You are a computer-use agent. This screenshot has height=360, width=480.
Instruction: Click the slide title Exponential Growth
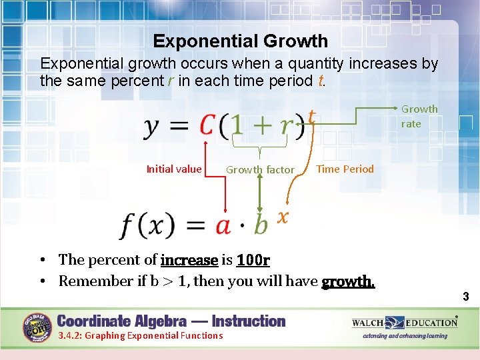pos(240,41)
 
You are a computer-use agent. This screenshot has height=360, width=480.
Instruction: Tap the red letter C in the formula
pos(208,125)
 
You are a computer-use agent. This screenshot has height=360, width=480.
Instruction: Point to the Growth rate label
pos(419,116)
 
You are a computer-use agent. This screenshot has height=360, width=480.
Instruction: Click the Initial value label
pos(173,169)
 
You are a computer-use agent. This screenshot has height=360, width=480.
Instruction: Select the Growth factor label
pos(259,170)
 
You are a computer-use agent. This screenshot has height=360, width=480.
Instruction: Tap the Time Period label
pos(345,169)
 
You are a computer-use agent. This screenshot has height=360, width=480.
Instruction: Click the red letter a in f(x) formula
pos(223,225)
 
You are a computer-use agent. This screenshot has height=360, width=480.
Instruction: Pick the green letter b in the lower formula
pos(261,225)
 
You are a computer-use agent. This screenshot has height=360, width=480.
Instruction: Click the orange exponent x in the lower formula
pos(283,217)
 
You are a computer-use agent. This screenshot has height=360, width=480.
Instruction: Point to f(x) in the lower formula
pos(147,225)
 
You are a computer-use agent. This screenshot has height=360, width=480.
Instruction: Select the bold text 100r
pos(253,259)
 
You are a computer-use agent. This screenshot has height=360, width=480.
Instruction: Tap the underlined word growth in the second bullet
pos(348,281)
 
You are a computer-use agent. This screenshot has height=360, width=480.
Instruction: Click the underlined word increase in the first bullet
pos(189,259)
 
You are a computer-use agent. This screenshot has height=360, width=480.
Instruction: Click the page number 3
pos(467,295)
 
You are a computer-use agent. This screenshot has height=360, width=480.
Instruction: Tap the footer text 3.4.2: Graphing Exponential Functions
pos(141,335)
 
